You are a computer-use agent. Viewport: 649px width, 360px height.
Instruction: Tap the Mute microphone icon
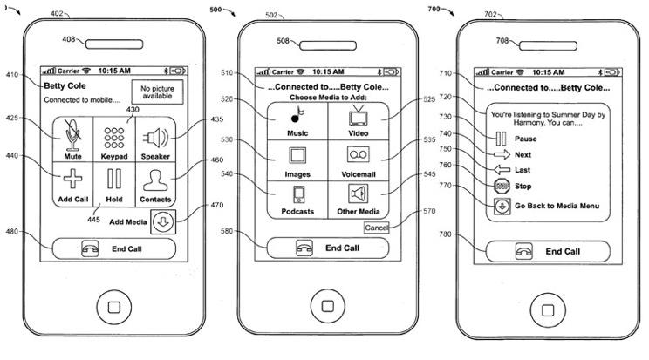(73, 135)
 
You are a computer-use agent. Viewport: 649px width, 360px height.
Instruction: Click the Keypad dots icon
(114, 138)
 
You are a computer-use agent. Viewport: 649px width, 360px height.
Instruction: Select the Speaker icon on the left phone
(155, 138)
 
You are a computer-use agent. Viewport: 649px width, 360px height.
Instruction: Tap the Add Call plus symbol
(73, 179)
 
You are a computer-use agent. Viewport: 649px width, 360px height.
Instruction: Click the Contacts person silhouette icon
(155, 180)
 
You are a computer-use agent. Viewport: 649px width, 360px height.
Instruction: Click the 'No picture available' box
(157, 92)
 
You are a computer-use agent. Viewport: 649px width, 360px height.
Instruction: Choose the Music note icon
(297, 114)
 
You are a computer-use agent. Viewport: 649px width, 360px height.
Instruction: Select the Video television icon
(358, 116)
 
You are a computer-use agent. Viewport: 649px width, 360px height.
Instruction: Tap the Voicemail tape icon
(358, 155)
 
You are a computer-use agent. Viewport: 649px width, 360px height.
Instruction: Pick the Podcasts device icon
(298, 194)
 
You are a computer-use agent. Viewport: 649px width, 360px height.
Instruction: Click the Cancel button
(377, 228)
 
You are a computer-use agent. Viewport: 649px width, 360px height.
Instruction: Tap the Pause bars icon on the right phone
(502, 139)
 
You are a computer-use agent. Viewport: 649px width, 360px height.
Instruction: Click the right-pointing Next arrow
(502, 154)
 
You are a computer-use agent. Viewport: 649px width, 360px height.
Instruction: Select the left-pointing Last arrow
(502, 170)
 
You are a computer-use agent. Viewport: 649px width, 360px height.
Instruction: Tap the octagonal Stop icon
(502, 187)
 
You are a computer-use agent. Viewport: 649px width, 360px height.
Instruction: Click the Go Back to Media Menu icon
(502, 206)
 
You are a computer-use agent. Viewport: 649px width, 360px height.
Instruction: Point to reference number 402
(57, 13)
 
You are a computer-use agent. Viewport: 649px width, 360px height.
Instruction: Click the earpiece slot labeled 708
(548, 45)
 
